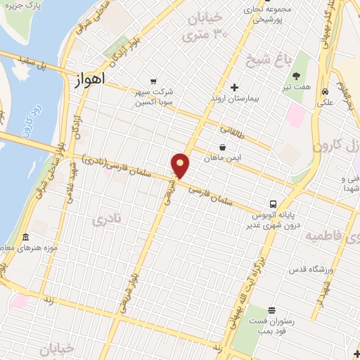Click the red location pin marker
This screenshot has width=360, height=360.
[181, 165]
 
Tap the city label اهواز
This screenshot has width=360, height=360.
[89, 79]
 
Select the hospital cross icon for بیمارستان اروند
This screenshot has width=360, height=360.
[234, 87]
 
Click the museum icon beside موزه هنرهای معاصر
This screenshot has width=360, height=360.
[25, 237]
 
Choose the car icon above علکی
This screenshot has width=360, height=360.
[325, 91]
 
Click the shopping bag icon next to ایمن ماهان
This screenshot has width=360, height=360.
[222, 147]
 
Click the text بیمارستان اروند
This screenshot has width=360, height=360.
[236, 99]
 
